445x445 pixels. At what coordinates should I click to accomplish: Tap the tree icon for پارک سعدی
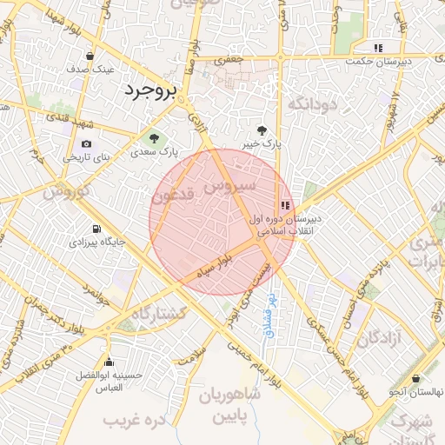(x=154, y=137)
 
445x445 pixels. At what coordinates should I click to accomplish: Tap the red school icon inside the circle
(x=285, y=205)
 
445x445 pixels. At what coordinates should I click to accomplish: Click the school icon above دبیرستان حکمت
(x=377, y=48)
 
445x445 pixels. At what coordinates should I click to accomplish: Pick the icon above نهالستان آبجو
(x=417, y=379)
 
